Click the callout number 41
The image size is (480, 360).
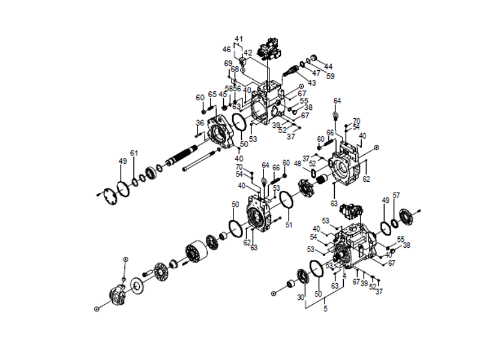[x=239, y=39]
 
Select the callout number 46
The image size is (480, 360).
[x=227, y=49]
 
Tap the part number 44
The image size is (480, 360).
[x=328, y=66]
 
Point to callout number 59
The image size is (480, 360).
[x=330, y=76]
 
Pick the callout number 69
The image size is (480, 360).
[x=228, y=63]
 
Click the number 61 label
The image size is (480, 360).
[x=134, y=154]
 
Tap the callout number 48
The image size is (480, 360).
[x=297, y=164]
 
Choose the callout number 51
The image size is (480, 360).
[x=289, y=226]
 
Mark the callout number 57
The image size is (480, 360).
[x=396, y=196]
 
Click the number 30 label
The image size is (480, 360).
[x=301, y=297]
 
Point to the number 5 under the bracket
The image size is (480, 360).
[x=326, y=310]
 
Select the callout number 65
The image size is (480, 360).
[x=212, y=94]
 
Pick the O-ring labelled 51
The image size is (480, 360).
[x=286, y=200]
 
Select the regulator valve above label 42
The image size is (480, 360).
[x=268, y=44]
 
